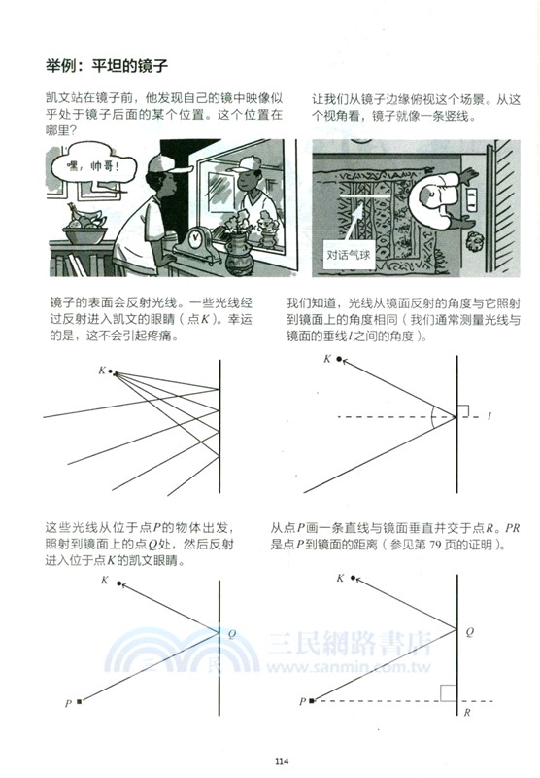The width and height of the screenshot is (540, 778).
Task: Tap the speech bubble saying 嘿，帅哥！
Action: click(x=85, y=165)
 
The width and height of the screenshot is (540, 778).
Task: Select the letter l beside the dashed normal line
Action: click(x=489, y=416)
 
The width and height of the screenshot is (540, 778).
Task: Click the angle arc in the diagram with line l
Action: click(x=433, y=416)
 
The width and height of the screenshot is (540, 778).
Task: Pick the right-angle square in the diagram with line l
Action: click(x=461, y=410)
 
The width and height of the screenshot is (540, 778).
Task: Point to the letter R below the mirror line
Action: click(x=467, y=713)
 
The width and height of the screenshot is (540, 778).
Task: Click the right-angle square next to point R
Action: click(x=448, y=692)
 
